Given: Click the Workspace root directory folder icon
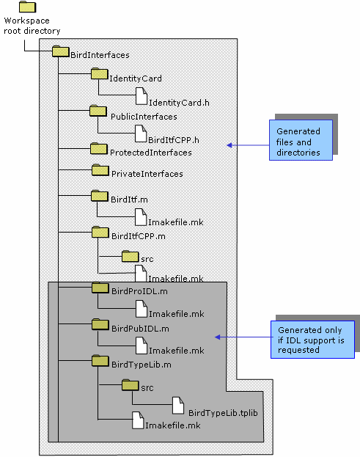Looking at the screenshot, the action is (27, 7).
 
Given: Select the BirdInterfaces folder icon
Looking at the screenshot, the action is (61, 51).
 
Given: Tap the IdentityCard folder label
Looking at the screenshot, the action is (136, 78).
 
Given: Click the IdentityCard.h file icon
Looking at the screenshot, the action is (142, 96).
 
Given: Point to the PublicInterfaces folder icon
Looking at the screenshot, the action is (98, 111).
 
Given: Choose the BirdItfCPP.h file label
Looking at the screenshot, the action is (174, 140).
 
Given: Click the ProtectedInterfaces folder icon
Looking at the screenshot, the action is (99, 148).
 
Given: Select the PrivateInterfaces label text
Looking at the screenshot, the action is (147, 174).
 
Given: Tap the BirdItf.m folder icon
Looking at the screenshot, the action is (100, 196).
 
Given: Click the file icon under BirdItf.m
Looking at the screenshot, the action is (141, 217).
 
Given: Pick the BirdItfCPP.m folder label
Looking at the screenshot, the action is (139, 236).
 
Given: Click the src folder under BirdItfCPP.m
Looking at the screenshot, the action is (131, 256).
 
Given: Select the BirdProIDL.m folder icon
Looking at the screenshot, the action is (100, 288).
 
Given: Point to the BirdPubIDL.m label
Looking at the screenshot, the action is (140, 329).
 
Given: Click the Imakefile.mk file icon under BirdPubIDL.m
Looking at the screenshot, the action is (142, 346).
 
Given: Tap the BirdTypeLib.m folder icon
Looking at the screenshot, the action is (100, 361).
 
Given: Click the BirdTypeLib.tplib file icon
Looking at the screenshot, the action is (178, 406).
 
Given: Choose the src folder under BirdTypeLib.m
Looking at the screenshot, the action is (131, 385).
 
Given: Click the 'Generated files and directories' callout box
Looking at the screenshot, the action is (301, 140).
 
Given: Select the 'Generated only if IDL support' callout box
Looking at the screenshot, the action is (312, 340).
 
